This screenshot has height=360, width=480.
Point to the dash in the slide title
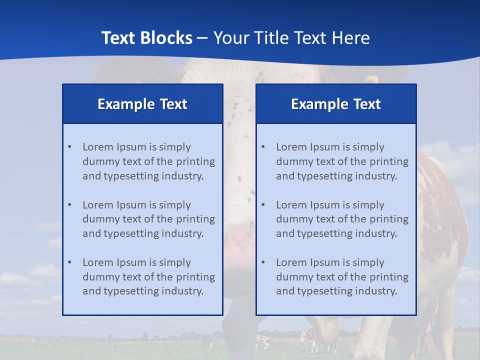point(202,38)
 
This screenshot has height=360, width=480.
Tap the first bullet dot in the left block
point(69,147)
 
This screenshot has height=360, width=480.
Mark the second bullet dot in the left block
point(69,205)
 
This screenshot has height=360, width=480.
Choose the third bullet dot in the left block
point(69,262)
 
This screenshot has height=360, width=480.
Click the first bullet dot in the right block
point(263,147)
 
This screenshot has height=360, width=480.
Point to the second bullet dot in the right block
point(263,205)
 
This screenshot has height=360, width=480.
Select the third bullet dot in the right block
point(263,262)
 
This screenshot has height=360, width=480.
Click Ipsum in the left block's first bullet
point(131,147)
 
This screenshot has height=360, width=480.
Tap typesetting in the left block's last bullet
point(133,291)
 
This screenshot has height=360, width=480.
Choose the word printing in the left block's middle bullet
point(195,219)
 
